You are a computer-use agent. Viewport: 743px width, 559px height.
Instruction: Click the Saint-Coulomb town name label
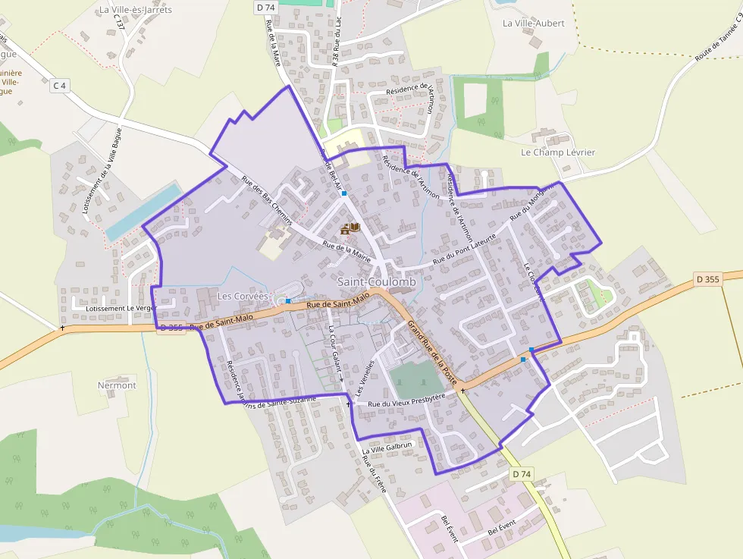(x=377, y=282)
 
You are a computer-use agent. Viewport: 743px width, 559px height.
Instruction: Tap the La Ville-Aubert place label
(x=534, y=24)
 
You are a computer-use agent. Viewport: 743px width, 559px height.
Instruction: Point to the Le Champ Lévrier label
(x=558, y=152)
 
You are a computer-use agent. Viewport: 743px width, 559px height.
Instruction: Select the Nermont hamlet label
(x=117, y=385)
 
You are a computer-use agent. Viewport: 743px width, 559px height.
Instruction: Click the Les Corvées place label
(x=243, y=296)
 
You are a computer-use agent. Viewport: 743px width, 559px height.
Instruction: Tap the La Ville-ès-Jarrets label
(x=136, y=10)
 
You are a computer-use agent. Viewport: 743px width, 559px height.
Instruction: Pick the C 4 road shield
(x=60, y=86)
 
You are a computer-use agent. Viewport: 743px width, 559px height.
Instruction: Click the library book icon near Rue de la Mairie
(x=350, y=227)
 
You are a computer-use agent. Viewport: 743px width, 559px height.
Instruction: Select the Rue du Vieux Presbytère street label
(x=412, y=399)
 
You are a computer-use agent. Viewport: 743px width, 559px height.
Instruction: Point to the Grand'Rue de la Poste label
(x=433, y=352)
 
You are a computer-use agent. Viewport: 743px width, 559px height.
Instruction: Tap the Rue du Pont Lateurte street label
(x=464, y=249)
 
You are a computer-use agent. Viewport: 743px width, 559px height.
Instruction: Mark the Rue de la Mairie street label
(x=346, y=251)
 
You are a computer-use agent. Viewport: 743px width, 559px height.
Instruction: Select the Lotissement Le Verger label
(x=121, y=309)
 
